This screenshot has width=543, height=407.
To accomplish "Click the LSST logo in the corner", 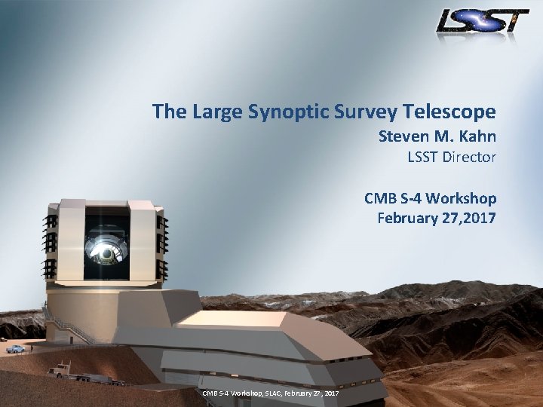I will pyautogui.click(x=482, y=21).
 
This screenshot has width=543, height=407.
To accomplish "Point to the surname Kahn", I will pyautogui.click(x=474, y=137).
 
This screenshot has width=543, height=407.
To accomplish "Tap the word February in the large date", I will pyautogui.click(x=405, y=219).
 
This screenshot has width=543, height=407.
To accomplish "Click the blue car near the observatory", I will pyautogui.click(x=15, y=348).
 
